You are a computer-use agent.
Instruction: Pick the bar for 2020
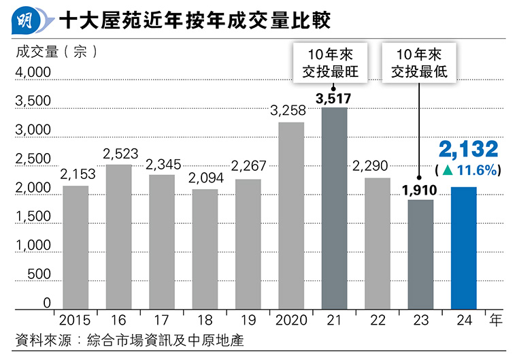(291, 214)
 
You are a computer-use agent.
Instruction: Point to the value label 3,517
(334, 99)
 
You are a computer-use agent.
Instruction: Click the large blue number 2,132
(468, 150)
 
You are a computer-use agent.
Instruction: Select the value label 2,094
(205, 180)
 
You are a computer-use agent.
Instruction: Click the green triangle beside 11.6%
(448, 169)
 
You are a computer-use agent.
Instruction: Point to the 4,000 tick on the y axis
(32, 72)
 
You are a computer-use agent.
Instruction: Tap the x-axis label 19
(248, 318)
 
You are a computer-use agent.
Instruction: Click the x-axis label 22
(377, 318)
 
